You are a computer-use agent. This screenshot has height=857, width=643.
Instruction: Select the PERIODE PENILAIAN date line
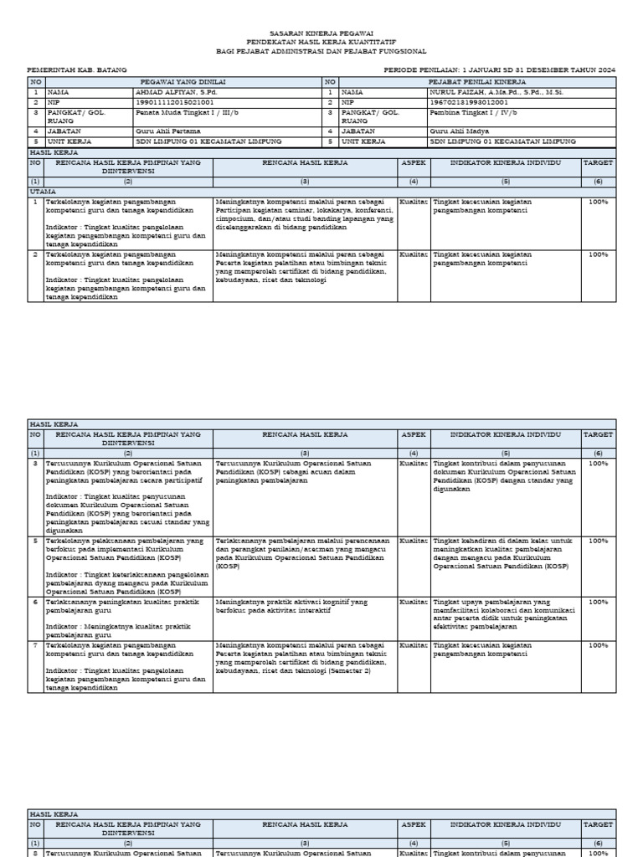point(499,71)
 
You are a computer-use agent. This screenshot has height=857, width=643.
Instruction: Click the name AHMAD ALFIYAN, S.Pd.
point(172,91)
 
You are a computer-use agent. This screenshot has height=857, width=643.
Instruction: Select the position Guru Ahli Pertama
point(165,131)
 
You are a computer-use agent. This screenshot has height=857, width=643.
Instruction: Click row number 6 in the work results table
point(35,602)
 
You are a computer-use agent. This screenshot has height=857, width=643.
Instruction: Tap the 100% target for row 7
point(598,645)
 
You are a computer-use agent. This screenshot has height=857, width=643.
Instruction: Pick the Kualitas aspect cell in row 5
point(414,541)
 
